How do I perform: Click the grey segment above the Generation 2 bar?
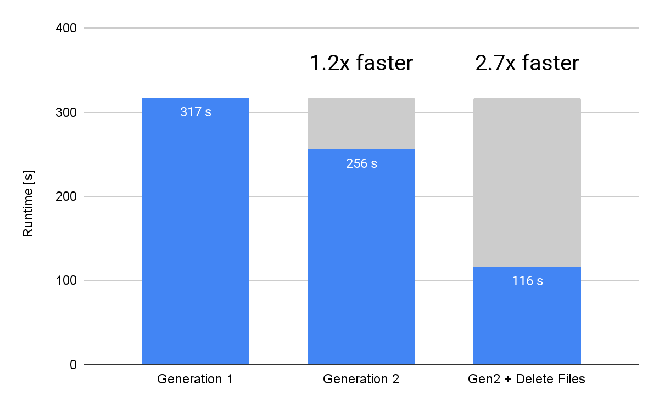click(361, 123)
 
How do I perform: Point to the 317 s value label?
click(196, 112)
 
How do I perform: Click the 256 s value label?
click(361, 163)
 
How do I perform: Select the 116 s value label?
click(527, 281)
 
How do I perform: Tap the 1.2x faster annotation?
click(361, 64)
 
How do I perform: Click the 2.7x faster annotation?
click(527, 64)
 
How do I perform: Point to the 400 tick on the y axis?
click(66, 28)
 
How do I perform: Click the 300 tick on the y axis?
click(66, 112)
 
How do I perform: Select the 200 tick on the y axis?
click(66, 197)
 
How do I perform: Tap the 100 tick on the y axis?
click(66, 281)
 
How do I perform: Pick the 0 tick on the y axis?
click(72, 365)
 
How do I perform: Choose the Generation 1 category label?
click(195, 379)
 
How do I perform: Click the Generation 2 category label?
click(361, 379)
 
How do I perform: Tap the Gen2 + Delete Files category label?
click(527, 379)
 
